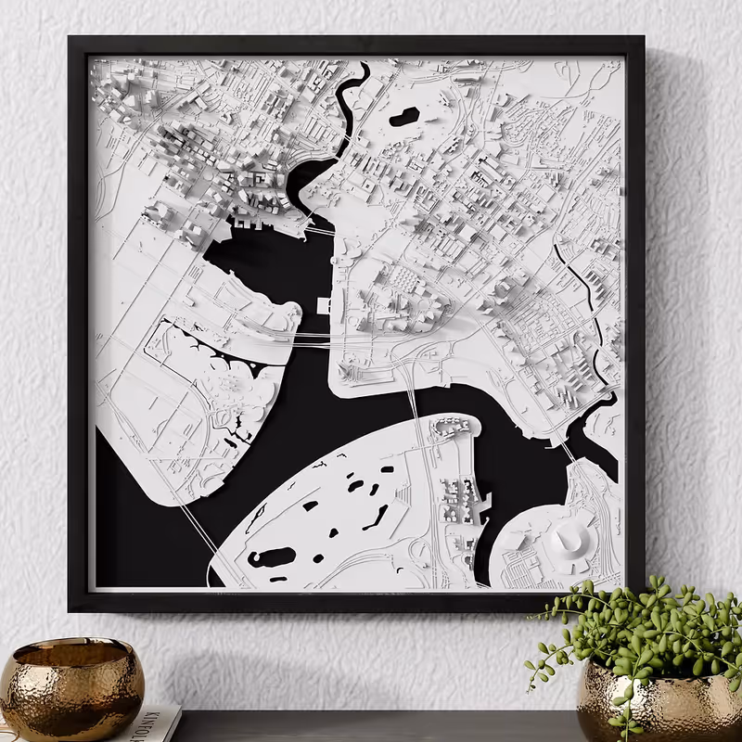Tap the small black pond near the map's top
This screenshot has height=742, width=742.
tap(404, 117)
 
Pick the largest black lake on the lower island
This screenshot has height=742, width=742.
tap(271, 556)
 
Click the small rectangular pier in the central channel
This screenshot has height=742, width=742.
tap(322, 305)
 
